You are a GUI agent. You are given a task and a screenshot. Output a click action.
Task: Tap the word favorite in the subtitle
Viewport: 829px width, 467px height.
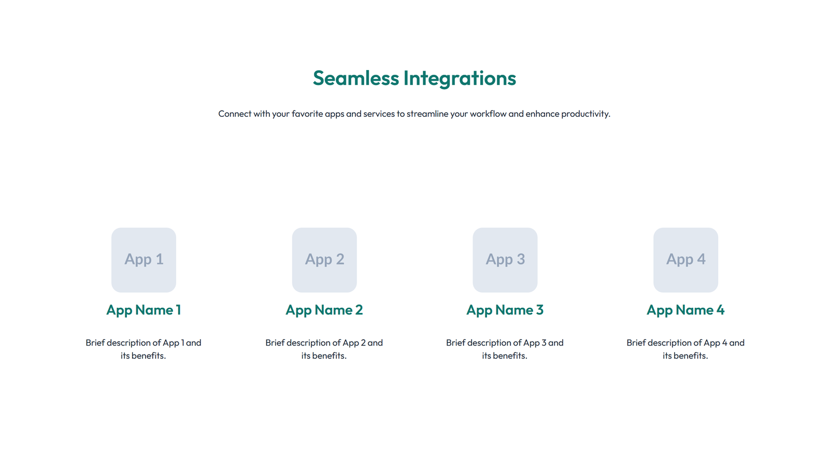point(307,114)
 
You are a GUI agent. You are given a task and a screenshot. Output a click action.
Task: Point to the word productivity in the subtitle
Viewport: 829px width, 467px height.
point(585,114)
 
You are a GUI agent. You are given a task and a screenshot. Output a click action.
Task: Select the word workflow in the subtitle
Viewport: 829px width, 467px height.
point(488,114)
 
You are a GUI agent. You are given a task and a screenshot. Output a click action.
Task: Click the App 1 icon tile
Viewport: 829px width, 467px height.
point(144,259)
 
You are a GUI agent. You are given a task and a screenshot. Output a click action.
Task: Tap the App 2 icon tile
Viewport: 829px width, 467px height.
point(324,259)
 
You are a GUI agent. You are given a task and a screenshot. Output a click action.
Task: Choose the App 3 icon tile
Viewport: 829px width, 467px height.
point(505,259)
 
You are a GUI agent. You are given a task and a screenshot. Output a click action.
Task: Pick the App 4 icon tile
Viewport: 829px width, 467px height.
point(685,259)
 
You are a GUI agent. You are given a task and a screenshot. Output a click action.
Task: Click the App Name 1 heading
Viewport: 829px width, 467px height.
point(144,310)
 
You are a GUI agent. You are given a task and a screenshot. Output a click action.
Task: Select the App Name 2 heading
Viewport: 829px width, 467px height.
point(324,310)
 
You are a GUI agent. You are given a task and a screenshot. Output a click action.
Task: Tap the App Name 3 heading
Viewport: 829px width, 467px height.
point(505,310)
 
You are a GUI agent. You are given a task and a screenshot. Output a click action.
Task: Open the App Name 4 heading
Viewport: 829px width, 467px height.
point(685,310)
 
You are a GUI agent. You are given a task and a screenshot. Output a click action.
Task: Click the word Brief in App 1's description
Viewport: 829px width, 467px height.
point(95,342)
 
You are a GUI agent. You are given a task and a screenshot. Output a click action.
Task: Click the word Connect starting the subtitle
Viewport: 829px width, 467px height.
point(234,114)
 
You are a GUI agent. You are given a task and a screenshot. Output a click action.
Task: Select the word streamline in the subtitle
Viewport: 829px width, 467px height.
point(427,114)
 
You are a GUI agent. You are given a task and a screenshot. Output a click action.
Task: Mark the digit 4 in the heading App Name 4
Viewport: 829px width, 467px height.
point(720,310)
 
